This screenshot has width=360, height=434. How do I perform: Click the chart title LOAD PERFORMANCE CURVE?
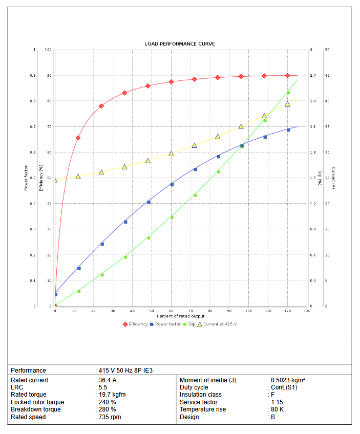[x=180, y=44]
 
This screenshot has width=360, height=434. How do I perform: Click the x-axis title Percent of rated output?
[x=181, y=316]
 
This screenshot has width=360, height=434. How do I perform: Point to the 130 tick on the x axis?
[x=307, y=311]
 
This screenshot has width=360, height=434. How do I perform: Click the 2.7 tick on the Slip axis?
[x=312, y=76]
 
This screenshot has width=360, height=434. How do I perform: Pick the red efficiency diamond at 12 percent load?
[x=78, y=138]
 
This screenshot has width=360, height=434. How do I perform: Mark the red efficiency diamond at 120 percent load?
[x=287, y=76]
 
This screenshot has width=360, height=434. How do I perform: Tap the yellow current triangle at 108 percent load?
[x=264, y=116]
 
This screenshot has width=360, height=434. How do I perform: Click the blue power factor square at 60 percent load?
[x=172, y=184]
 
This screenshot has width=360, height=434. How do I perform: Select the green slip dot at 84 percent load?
[x=218, y=171]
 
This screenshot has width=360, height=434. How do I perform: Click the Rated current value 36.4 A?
[x=107, y=380]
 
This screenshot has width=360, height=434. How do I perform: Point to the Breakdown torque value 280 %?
[x=107, y=409]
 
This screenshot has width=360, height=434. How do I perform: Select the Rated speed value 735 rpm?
[x=109, y=417]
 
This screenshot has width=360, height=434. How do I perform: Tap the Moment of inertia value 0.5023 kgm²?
[x=287, y=380]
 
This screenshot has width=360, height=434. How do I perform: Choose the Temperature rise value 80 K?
[x=277, y=409]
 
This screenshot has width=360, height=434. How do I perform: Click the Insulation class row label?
[x=200, y=395]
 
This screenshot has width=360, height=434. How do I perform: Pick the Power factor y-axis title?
[x=26, y=178]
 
